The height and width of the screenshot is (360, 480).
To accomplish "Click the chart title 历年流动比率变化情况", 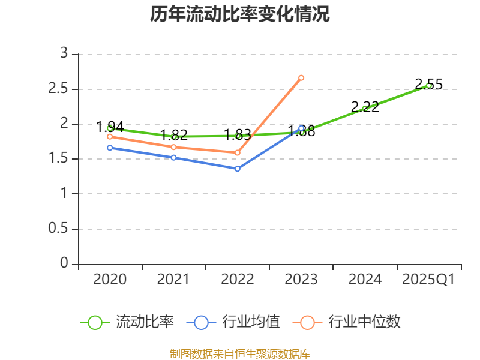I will click(239, 14).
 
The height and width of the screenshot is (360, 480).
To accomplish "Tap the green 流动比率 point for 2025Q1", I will click(428, 86).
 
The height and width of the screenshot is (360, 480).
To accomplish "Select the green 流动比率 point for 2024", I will click(365, 109).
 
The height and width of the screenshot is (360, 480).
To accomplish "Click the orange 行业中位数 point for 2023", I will click(301, 77).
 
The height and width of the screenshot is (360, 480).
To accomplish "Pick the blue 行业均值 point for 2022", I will click(238, 169).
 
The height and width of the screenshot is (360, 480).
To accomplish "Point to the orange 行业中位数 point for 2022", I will click(238, 152).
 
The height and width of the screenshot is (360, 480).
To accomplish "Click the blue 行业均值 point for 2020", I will click(110, 148).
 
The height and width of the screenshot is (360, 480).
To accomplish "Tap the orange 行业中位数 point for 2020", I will click(110, 137).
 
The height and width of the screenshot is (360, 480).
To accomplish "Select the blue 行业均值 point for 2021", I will click(173, 157).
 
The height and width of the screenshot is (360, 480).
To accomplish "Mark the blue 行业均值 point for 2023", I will click(301, 128).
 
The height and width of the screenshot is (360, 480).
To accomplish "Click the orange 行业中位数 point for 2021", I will click(173, 147).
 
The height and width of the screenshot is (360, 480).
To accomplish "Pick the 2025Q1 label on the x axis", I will click(428, 280).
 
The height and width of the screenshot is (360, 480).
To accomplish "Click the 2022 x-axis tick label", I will click(238, 280).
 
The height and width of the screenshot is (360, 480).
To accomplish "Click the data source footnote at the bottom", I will click(239, 354).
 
